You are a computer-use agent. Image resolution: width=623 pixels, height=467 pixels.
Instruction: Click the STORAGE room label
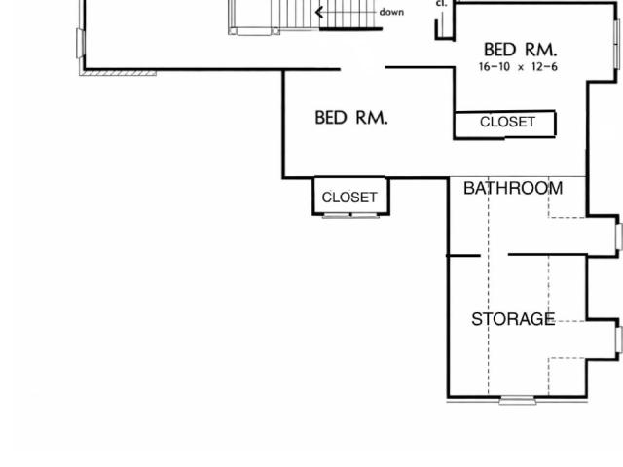[513, 319]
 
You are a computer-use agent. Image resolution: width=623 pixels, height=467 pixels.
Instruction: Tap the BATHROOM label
[513, 188]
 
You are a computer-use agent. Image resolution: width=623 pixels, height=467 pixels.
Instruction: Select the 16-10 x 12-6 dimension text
[518, 67]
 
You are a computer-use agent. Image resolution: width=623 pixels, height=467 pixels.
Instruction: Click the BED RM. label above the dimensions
[521, 50]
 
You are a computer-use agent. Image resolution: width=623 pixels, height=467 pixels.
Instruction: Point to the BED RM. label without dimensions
[351, 118]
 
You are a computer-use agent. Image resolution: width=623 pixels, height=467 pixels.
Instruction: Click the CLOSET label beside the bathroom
[349, 198]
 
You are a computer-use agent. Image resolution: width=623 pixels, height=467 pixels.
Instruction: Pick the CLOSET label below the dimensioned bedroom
[507, 122]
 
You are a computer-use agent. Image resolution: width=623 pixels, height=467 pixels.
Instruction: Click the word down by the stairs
[391, 12]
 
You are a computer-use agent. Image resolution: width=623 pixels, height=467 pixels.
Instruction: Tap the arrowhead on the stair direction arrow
[318, 12]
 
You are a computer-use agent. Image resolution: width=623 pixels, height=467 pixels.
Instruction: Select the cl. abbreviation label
[441, 3]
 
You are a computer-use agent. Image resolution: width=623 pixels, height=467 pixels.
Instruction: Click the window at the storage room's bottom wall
[517, 400]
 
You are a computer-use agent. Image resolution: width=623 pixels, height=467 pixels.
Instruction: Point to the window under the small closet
[350, 216]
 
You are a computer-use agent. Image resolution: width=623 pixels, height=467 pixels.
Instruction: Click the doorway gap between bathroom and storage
[495, 255]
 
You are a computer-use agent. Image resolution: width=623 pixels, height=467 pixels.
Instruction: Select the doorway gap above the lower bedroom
[363, 68]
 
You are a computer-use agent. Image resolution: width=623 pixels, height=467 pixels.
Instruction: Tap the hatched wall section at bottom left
[118, 73]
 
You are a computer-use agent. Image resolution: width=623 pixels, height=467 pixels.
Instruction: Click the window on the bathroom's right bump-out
[619, 237]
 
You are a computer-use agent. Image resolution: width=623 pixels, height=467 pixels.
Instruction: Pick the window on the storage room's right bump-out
[619, 340]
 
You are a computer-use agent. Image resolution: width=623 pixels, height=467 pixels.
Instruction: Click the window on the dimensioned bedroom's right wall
[616, 44]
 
